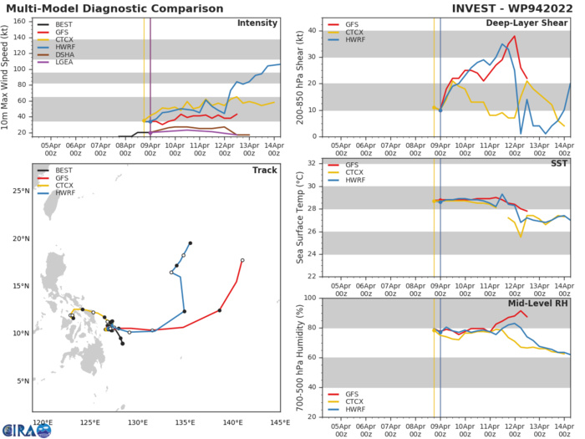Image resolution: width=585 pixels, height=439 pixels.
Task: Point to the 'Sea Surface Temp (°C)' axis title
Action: pyautogui.click(x=303, y=219)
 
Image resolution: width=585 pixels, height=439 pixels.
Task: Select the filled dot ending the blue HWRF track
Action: pyautogui.click(x=191, y=243)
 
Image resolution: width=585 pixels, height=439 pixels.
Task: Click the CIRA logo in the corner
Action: pyautogui.click(x=27, y=430)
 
